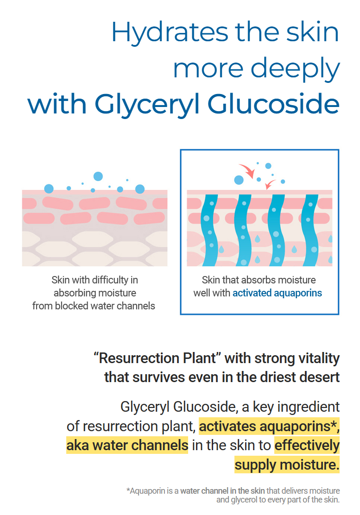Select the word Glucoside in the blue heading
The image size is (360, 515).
273,104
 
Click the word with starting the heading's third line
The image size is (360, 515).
57,104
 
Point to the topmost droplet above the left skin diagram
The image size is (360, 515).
98,176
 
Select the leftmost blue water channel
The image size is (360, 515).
210,230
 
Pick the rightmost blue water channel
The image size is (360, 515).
310,230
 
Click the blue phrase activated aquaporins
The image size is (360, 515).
277,293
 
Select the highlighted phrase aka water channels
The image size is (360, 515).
127,446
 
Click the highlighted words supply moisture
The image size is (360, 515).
287,465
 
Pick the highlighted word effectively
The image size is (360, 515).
307,446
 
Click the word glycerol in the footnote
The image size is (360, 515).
244,500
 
